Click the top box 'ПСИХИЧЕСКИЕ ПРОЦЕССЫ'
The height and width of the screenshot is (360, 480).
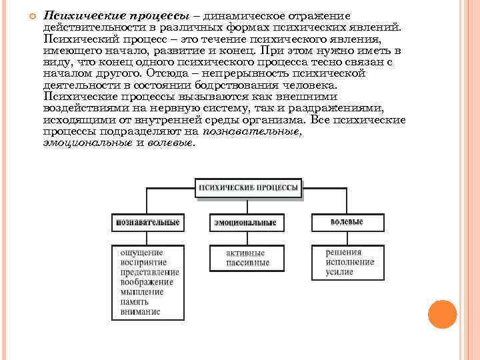(247, 188)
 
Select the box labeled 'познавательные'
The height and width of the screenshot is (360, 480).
(147, 221)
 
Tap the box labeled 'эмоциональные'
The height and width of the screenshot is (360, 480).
(245, 222)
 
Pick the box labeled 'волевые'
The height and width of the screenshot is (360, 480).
(347, 221)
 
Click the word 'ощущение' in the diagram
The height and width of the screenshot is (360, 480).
(141, 253)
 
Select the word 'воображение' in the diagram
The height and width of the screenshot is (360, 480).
(147, 281)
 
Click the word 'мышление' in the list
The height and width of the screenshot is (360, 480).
(142, 291)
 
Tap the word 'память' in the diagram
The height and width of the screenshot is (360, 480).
(135, 301)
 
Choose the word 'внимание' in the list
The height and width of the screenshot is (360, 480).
(141, 311)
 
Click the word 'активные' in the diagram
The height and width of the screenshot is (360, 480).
(245, 253)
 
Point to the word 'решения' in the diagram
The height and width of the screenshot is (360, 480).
(344, 253)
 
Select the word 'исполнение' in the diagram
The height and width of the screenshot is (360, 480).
(350, 262)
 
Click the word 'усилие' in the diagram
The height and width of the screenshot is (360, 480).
(340, 272)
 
